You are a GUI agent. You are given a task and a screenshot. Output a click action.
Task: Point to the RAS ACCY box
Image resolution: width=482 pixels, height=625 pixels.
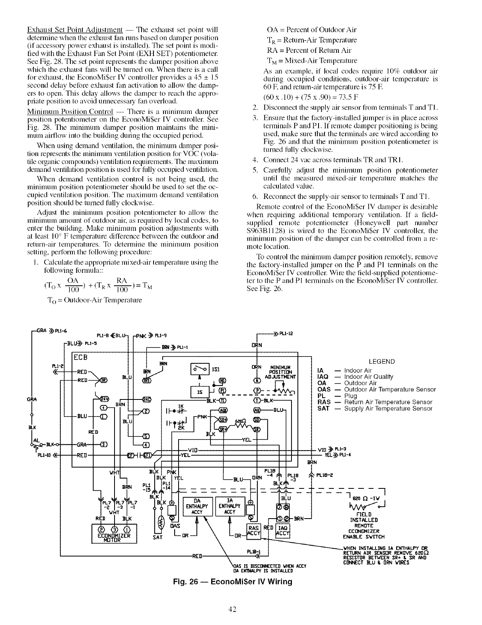[x=253, y=531]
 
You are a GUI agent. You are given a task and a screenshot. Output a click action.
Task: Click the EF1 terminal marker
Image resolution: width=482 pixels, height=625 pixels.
[x=147, y=455]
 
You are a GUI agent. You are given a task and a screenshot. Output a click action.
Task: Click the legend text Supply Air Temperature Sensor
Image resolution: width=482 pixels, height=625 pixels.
[x=388, y=409]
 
